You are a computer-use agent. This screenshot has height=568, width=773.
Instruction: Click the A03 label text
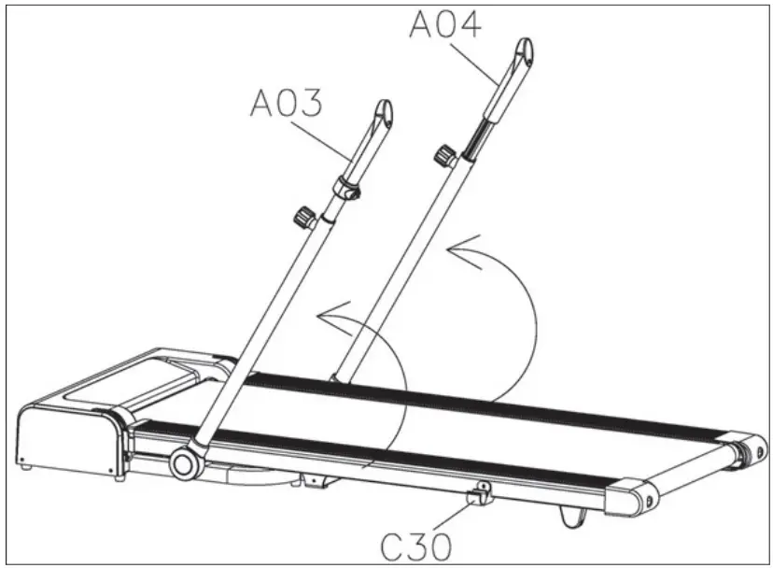click(286, 103)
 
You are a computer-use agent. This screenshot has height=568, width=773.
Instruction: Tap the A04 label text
click(445, 23)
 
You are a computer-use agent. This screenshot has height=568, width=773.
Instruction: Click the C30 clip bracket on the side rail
click(481, 491)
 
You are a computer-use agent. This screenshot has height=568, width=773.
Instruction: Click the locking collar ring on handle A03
click(347, 189)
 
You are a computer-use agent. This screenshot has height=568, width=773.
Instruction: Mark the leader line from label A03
click(331, 138)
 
